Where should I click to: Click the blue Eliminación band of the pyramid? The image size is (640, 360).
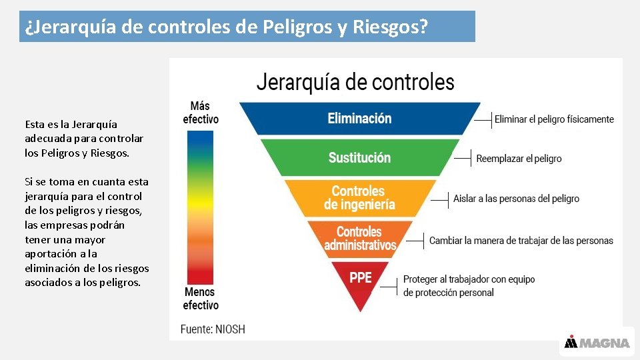359,119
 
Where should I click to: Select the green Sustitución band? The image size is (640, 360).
359,157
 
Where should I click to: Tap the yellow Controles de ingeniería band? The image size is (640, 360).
359,197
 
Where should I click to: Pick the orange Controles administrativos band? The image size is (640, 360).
360,239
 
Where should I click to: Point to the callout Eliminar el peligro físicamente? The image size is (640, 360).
554,119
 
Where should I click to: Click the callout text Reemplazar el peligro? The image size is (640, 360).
519,159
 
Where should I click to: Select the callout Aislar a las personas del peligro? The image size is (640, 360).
516,199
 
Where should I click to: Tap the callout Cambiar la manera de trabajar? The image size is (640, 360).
521,240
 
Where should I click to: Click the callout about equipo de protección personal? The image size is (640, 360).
469,286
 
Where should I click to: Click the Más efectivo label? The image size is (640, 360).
200,113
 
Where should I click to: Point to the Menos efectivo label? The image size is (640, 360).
200,299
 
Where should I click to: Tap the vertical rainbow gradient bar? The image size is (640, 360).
200,207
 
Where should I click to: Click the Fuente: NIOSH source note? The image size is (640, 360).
213,329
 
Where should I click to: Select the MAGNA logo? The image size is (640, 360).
597,343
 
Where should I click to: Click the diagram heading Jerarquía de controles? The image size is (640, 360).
355,83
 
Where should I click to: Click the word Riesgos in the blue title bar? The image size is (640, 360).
389,27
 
